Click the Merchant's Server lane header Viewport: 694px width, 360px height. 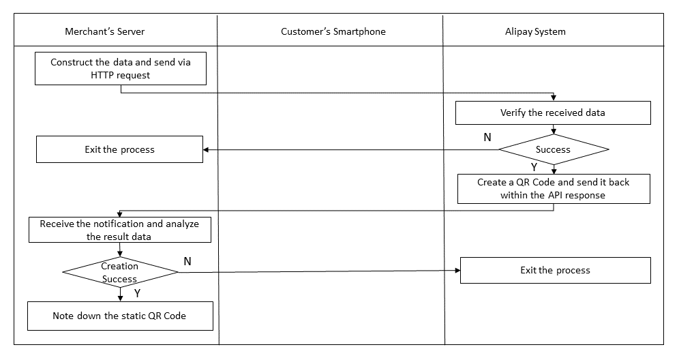(104, 31)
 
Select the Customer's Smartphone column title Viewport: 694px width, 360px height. (333, 31)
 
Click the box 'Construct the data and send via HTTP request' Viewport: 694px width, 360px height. (120, 68)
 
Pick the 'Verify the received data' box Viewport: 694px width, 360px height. (552, 112)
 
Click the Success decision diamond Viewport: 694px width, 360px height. (553, 149)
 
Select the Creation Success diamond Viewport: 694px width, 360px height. (120, 272)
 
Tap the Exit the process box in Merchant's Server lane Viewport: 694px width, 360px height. (119, 149)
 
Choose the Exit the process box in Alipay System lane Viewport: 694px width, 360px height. (555, 270)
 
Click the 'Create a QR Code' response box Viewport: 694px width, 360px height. (552, 189)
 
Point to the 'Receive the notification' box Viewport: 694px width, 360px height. (119, 230)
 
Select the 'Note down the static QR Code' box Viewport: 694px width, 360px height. (119, 316)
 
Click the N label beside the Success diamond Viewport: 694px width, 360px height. (487, 137)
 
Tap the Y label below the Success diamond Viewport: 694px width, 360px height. (534, 166)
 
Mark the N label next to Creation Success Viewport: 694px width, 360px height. (187, 261)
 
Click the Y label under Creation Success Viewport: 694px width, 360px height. (137, 292)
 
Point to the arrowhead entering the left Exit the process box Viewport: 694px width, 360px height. (207, 149)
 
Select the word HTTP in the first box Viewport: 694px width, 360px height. (103, 75)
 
